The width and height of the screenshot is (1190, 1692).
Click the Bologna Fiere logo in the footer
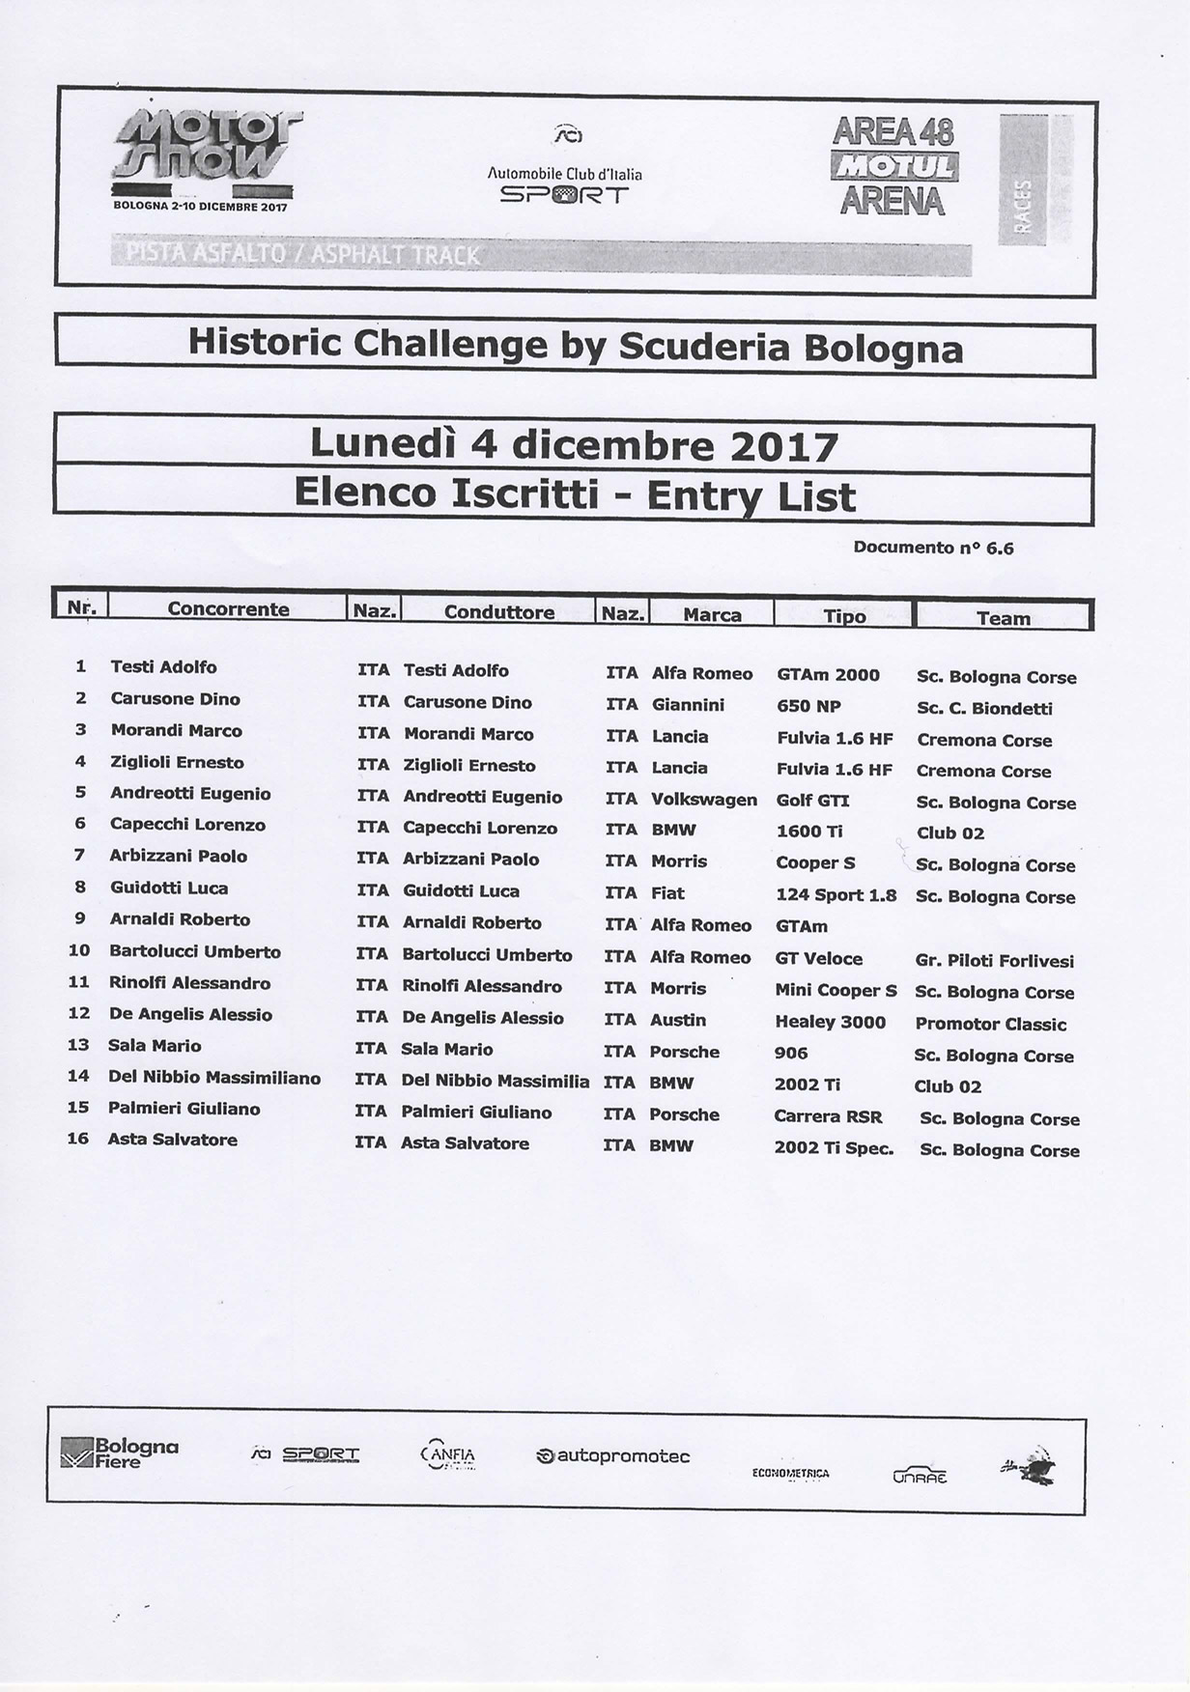point(120,1453)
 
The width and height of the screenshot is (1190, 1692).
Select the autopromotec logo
point(612,1456)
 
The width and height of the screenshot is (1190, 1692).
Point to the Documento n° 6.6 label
point(933,548)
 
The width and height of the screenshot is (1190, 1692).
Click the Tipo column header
point(844,616)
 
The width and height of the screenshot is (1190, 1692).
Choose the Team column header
point(1003,618)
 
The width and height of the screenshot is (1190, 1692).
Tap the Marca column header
point(712,615)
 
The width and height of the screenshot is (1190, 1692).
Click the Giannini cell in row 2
point(688,705)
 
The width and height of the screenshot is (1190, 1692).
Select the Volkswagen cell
point(704,800)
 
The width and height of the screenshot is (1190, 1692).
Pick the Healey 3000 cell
point(830,1022)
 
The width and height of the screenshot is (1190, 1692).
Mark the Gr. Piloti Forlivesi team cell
point(994,961)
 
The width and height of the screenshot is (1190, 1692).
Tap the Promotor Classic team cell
point(990,1025)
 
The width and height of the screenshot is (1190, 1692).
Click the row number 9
point(80,919)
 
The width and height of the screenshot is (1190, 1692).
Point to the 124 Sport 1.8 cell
point(836,894)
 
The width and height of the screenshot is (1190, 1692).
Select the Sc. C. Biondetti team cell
point(984,708)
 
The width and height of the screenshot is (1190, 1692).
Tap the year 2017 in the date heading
point(783,446)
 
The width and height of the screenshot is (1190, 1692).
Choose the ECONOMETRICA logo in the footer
point(790,1474)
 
